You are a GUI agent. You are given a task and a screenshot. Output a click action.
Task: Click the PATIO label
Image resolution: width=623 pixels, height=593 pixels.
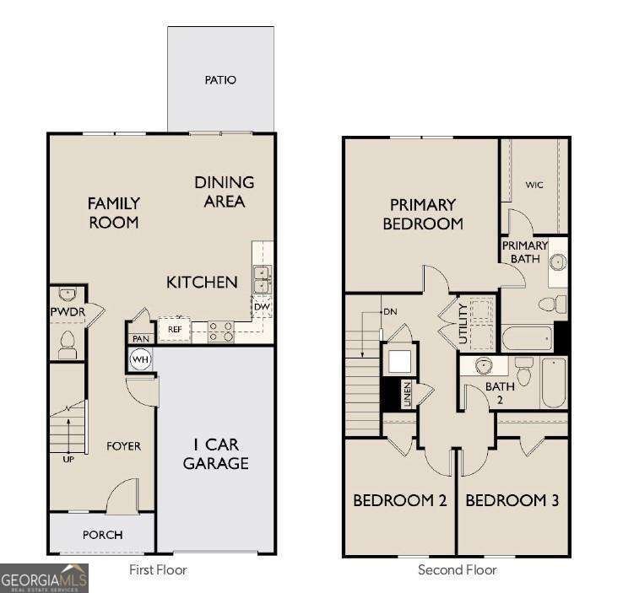[220, 80]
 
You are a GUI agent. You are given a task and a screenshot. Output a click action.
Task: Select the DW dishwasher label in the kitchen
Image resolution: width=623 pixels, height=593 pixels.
[263, 306]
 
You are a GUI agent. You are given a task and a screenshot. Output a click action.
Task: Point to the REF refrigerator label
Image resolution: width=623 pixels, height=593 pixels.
[175, 330]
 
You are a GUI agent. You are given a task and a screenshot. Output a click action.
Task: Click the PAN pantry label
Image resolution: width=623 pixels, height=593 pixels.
[139, 338]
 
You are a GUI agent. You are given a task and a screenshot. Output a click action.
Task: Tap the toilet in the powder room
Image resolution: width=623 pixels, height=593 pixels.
[68, 343]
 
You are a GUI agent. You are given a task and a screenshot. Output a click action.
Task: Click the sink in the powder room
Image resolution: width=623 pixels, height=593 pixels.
[68, 294]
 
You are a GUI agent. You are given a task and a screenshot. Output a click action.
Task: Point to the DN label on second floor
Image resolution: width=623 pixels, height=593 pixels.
[389, 311]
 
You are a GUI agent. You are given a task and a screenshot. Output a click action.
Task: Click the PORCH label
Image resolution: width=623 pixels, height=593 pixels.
[102, 535]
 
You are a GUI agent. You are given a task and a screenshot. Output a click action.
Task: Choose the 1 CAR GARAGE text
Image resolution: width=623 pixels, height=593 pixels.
[216, 454]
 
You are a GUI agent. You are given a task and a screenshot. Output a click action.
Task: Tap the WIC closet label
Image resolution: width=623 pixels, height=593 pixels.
[534, 185]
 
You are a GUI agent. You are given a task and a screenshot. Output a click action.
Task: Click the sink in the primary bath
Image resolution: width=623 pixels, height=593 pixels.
[557, 261]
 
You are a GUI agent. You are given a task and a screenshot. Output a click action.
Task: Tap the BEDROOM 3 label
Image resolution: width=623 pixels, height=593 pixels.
[512, 500]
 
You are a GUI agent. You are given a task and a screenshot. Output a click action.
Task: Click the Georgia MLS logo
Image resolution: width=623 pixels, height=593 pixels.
[44, 579]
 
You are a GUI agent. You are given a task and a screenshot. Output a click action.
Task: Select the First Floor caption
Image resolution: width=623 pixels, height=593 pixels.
[158, 570]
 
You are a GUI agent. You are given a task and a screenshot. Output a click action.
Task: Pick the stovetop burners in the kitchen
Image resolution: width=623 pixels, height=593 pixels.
[221, 332]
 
